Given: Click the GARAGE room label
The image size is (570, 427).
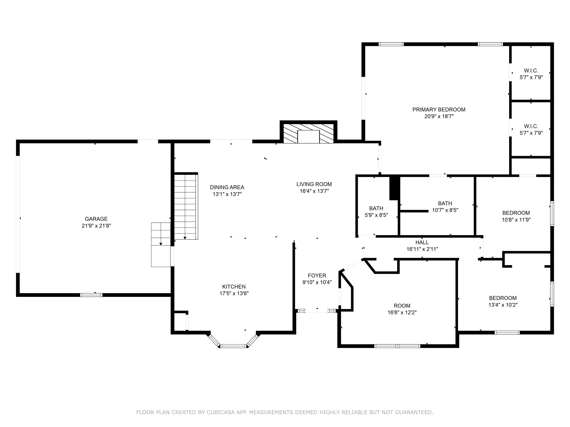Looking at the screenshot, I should pos(96,219).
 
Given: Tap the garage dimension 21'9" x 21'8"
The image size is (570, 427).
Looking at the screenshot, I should pos(96,226).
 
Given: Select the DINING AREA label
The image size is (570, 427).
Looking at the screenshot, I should pos(227,187).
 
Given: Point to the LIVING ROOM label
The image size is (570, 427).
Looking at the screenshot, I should pos(314,184).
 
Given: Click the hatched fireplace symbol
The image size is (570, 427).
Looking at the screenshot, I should pos(308,133).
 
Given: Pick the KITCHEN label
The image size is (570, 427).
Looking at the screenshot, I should pos(234,287).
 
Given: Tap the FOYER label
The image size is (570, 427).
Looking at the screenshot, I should pos(317,275).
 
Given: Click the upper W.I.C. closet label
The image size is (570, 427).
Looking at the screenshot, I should pos(531,71).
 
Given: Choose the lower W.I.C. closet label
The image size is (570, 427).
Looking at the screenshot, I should pos(531,126).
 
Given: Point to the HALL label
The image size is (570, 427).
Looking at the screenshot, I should pos(422,242).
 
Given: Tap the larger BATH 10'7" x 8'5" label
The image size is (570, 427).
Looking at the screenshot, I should pos(445,203).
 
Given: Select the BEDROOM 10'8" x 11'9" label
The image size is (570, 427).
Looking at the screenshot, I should pos(516,213).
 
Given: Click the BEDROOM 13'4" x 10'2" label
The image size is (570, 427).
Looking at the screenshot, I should pos(502,298).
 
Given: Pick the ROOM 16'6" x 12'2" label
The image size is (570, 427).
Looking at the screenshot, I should pos(402,306).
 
